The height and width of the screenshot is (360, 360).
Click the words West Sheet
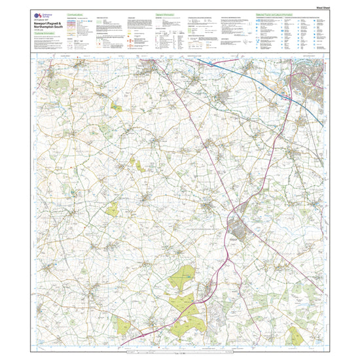316,8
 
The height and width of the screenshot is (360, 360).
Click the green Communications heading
77,15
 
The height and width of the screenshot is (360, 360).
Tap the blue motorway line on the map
249,76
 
